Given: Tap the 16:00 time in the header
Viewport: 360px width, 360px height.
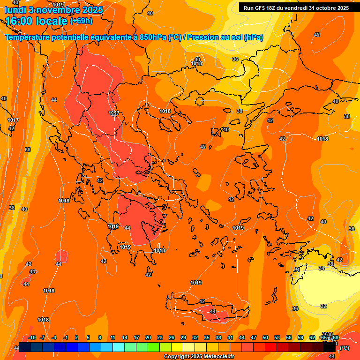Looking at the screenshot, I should (21, 21).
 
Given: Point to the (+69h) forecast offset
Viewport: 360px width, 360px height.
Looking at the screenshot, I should (81, 21).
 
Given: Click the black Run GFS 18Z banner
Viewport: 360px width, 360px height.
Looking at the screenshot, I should (296, 8).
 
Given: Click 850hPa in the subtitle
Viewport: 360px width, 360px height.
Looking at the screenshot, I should (152, 37).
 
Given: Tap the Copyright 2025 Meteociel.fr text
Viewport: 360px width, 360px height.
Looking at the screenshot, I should (200, 357).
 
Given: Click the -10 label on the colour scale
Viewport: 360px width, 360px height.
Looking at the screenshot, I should (32, 337).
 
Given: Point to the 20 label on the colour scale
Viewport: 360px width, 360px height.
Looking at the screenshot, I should (148, 337).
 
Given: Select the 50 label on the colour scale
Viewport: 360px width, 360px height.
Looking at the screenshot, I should (265, 337).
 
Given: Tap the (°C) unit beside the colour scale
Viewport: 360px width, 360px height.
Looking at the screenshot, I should (345, 348).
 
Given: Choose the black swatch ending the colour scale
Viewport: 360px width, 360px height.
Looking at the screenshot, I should (330, 347).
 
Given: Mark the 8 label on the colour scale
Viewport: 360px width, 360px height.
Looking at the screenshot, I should (100, 337).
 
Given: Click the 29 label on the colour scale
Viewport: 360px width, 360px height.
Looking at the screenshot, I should (183, 337).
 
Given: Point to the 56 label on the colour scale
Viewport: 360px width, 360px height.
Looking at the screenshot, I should (288, 337).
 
